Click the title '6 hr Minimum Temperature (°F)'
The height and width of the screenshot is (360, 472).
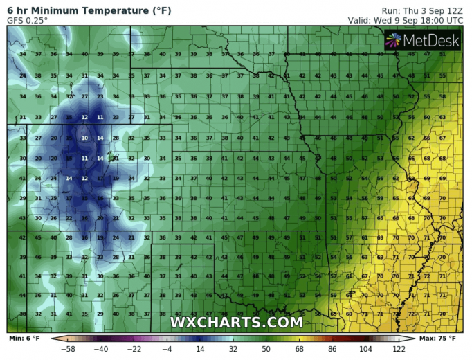(89, 11)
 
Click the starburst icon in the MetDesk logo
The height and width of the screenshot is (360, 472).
(393, 40)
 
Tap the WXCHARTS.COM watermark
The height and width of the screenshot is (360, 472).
(236, 323)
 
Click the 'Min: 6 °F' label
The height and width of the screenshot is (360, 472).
(25, 339)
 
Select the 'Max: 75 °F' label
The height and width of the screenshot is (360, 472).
(437, 339)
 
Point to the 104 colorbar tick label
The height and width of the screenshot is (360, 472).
(365, 349)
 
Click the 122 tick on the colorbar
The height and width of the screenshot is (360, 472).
(398, 349)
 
